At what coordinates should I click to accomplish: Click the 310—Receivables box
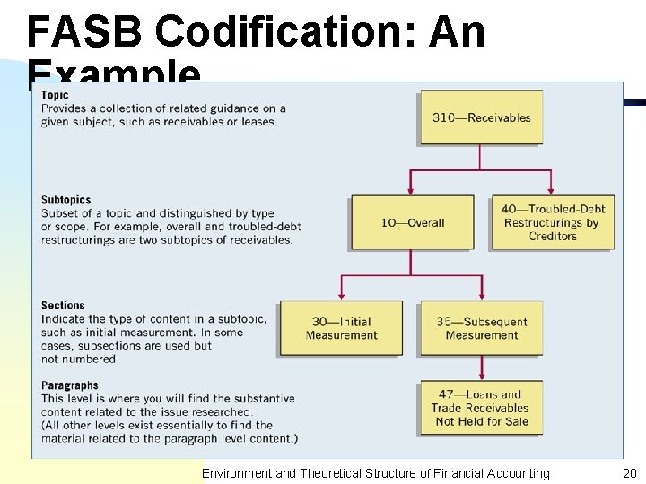(480, 117)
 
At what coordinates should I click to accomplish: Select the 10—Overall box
(412, 222)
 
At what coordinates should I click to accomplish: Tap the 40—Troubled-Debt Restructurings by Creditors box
(552, 222)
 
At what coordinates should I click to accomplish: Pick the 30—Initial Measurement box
(341, 328)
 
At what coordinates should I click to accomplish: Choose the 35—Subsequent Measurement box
(481, 328)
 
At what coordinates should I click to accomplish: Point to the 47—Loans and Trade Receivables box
(481, 408)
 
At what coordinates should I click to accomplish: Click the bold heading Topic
(55, 96)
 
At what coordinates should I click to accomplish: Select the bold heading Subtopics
(65, 200)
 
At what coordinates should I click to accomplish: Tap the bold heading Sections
(63, 306)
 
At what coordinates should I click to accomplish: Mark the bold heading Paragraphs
(69, 385)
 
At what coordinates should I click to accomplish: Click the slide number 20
(628, 473)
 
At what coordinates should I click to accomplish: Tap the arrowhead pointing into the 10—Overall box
(412, 190)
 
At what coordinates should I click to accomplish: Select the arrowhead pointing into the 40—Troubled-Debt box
(552, 190)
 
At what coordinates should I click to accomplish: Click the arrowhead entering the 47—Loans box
(482, 376)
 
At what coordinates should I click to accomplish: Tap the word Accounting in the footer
(516, 473)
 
